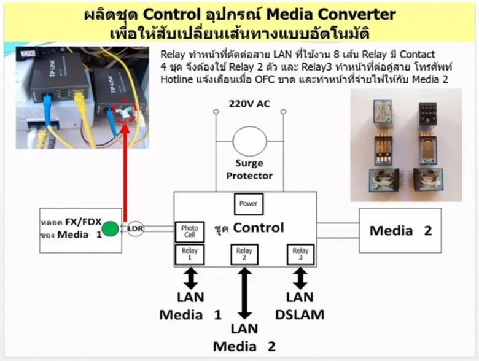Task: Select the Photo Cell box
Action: pyautogui.click(x=189, y=231)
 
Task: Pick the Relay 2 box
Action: pyautogui.click(x=244, y=254)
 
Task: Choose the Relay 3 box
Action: pyautogui.click(x=300, y=254)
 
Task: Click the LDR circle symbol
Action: pyautogui.click(x=136, y=230)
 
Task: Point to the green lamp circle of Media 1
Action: pyautogui.click(x=110, y=230)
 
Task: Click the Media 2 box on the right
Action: pyautogui.click(x=400, y=230)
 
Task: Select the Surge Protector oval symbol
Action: pyautogui.click(x=249, y=141)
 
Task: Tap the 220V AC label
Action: pyautogui.click(x=249, y=104)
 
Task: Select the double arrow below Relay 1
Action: pyautogui.click(x=190, y=278)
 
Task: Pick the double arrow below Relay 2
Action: pyautogui.click(x=244, y=292)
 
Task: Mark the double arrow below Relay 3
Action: pyautogui.click(x=300, y=278)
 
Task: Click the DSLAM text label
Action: pyautogui.click(x=300, y=315)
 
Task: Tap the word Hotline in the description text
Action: pyautogui.click(x=176, y=80)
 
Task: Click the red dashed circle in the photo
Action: pyautogui.click(x=128, y=112)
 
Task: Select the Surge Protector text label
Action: pyautogui.click(x=249, y=169)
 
